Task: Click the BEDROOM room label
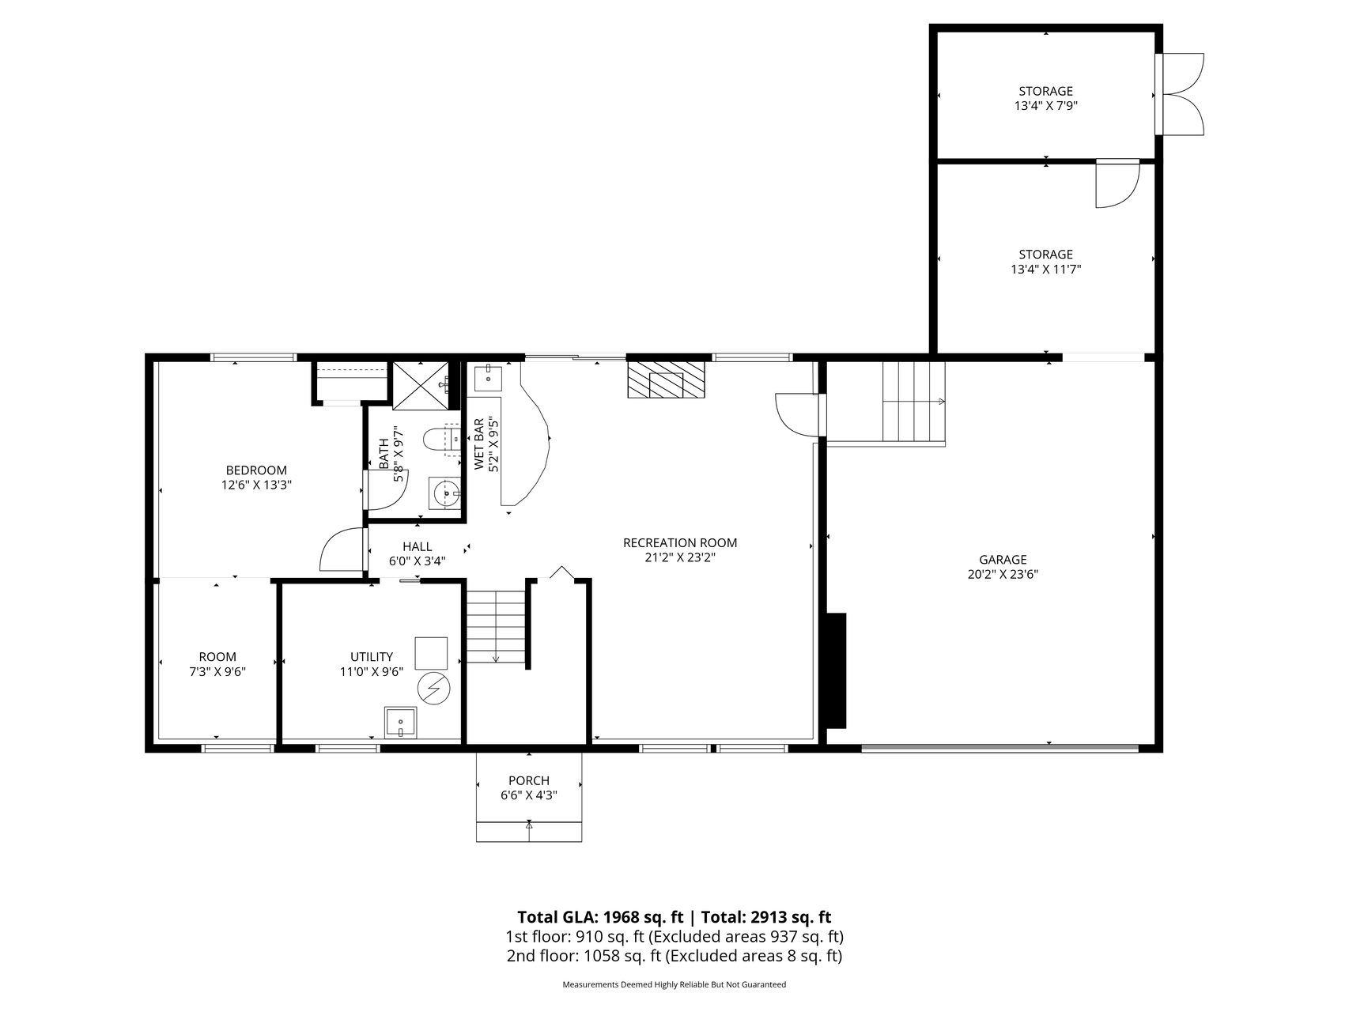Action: [256, 470]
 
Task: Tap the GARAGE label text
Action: [1003, 560]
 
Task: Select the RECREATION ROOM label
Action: [680, 543]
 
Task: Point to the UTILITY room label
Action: [372, 657]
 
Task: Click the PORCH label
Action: [529, 781]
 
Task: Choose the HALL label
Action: [418, 546]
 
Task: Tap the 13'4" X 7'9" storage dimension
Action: [1046, 105]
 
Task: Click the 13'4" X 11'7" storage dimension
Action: [1046, 269]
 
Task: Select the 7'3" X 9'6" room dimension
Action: [217, 671]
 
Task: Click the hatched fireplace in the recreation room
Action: [666, 380]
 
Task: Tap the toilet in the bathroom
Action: [441, 439]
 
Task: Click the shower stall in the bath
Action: [421, 386]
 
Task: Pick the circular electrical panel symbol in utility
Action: [433, 689]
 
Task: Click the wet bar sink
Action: [489, 377]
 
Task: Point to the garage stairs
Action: [914, 402]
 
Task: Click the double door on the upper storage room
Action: [1180, 94]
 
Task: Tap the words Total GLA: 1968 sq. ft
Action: [601, 917]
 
